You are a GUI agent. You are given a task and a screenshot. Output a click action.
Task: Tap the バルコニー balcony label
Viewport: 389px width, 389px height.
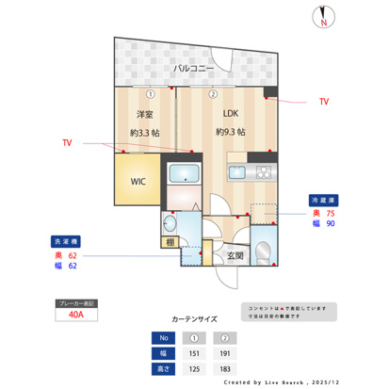tap(193, 70)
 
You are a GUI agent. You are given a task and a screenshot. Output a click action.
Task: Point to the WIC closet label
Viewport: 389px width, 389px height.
tap(138, 180)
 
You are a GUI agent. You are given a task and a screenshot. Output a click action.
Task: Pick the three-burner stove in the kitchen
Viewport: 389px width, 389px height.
tap(262, 172)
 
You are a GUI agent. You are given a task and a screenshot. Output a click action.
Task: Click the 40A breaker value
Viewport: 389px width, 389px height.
tap(76, 316)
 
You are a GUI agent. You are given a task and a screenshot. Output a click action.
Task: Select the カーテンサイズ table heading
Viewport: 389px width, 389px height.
tap(194, 319)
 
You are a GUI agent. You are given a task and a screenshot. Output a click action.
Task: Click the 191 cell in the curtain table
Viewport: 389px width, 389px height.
tap(226, 353)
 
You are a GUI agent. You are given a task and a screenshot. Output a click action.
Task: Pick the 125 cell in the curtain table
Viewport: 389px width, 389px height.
tap(194, 368)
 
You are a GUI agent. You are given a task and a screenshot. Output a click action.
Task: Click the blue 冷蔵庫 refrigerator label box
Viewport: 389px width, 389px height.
tap(323, 200)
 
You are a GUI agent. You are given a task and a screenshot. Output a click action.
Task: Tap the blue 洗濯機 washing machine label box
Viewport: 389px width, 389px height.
tap(65, 240)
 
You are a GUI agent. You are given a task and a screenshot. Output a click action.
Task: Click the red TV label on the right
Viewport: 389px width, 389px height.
tap(323, 101)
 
